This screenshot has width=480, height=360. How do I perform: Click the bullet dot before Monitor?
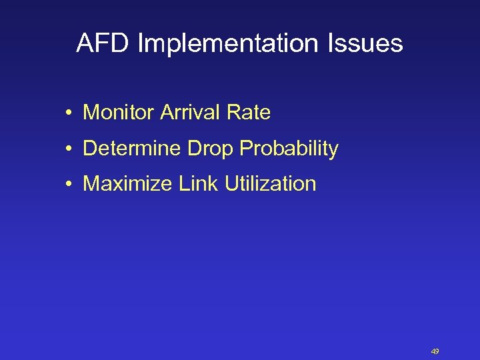coord(69,113)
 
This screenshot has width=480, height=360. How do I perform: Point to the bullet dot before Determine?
coord(69,149)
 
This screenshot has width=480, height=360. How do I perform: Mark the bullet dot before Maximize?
coord(69,185)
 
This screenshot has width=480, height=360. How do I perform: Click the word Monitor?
coord(118,113)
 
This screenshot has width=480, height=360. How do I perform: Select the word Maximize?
coord(127,184)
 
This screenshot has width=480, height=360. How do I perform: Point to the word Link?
coord(199,184)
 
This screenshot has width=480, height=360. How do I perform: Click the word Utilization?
coord(270,184)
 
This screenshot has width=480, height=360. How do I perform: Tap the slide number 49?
coord(435,351)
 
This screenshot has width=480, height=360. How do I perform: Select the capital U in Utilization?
coord(231,184)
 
